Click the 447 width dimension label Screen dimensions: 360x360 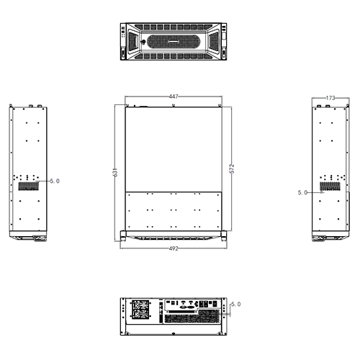[174, 96]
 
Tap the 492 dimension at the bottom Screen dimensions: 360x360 [174, 248]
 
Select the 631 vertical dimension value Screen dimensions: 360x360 [115, 174]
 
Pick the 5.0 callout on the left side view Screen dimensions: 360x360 [55, 181]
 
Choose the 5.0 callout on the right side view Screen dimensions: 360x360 [302, 192]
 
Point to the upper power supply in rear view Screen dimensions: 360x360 [140, 304]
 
